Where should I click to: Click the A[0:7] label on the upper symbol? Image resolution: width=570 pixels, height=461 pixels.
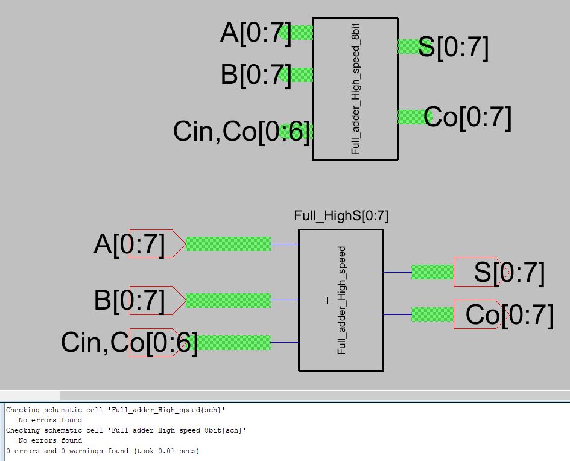pos(256,33)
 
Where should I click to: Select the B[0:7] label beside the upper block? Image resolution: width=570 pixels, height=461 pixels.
pos(256,75)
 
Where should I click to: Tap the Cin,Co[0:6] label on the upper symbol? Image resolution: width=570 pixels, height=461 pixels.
pos(242,132)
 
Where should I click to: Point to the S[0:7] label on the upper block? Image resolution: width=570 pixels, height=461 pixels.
pos(453,47)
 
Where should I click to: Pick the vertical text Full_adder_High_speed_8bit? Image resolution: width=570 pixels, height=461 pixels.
pos(355,89)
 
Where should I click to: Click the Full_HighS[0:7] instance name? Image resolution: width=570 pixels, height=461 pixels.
pos(341,216)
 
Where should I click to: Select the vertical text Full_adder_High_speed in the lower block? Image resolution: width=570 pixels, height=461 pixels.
pos(341,300)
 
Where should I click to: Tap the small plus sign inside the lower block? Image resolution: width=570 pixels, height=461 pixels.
pos(328,300)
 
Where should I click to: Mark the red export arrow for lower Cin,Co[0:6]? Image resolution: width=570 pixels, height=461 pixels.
pos(156,343)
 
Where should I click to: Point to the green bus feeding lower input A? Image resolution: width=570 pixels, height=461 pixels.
pos(228,244)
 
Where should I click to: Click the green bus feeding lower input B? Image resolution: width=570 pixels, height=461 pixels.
pos(228,300)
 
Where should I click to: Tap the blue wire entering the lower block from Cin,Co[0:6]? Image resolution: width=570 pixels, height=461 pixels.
pos(285,343)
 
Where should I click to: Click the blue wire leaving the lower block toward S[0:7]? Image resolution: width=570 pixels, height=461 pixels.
pos(397,272)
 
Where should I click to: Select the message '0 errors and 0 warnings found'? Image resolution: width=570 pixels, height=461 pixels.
pos(103,451)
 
